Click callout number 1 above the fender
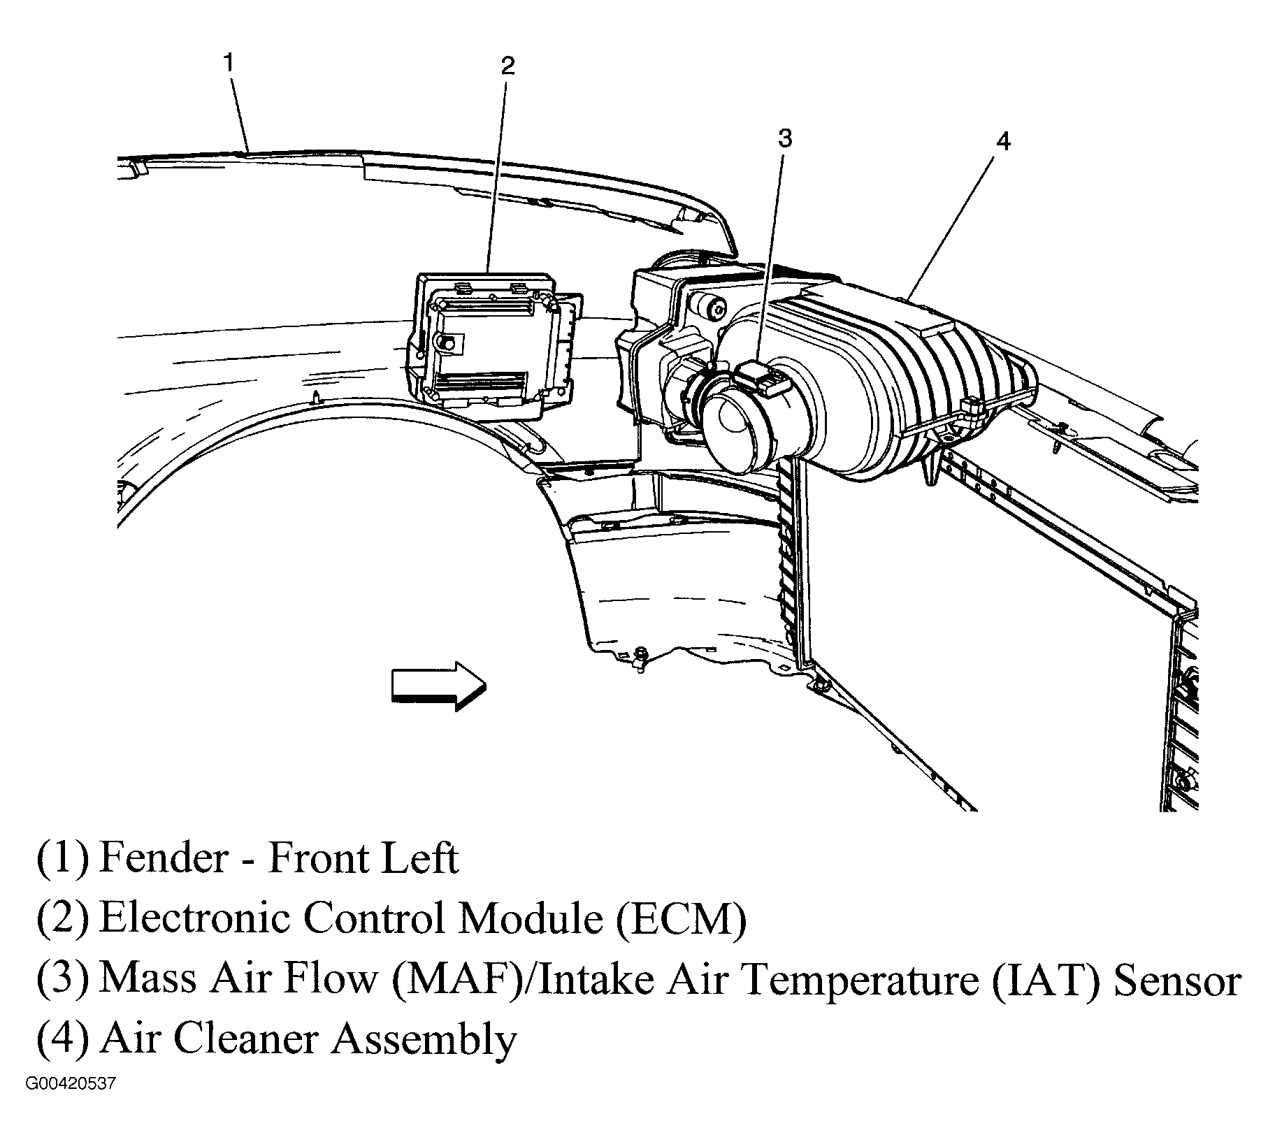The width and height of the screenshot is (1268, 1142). (229, 62)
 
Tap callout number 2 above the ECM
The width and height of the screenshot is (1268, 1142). (507, 66)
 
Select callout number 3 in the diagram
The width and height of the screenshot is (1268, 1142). (785, 138)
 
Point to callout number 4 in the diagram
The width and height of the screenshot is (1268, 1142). (1002, 142)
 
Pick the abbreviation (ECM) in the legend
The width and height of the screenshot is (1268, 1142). (681, 918)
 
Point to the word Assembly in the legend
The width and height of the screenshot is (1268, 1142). (424, 1040)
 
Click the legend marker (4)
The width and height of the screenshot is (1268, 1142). (63, 1040)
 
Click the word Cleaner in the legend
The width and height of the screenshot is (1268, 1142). (248, 1039)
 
